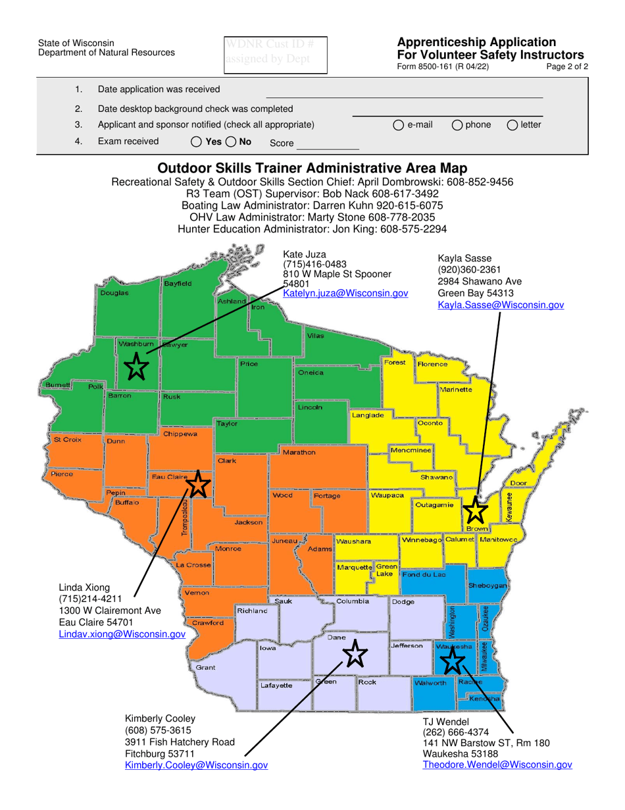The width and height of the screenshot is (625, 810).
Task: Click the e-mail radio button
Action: (x=399, y=124)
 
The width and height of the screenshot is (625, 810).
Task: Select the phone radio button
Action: (x=457, y=124)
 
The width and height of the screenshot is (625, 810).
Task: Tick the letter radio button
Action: (x=511, y=124)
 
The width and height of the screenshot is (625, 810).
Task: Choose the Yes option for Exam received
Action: (x=197, y=142)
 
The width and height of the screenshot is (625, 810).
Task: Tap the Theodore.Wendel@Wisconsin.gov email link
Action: (x=497, y=765)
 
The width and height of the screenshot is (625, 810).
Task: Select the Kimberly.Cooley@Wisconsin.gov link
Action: (x=196, y=765)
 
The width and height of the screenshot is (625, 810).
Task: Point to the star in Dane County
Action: (x=355, y=654)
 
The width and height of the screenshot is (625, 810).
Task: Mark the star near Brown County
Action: (x=474, y=510)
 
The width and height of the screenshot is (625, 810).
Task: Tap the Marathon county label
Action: (x=299, y=452)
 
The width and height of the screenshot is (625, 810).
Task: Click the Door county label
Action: (x=518, y=483)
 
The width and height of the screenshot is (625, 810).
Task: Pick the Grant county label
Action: (x=205, y=667)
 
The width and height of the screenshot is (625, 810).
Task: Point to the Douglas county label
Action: (x=114, y=292)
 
